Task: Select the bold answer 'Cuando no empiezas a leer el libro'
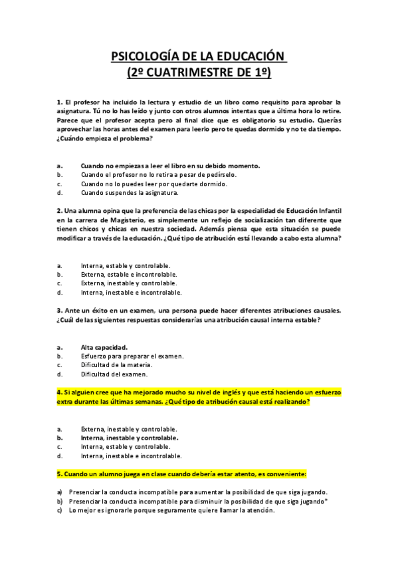170,165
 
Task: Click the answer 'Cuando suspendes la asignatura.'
130,193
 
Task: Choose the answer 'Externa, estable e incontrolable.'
129,273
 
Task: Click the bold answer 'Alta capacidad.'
104,347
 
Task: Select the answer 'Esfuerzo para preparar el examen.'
132,356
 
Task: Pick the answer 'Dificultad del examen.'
114,374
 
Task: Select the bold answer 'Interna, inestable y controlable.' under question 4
130,438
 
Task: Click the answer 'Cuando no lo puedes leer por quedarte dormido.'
154,184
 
